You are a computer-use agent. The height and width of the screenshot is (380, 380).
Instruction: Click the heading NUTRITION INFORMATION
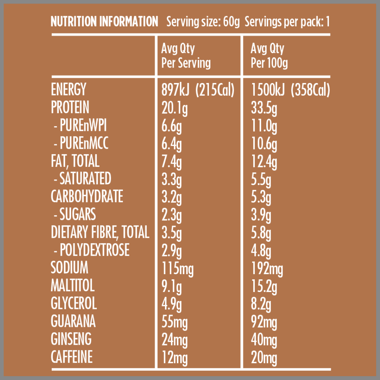pos(104,22)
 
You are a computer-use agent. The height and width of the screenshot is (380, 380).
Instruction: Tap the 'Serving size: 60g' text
pos(203,22)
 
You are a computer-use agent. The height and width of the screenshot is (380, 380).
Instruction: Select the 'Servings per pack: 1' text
pos(287,22)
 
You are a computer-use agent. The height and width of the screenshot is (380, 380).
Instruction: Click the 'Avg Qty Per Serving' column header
pos(186,56)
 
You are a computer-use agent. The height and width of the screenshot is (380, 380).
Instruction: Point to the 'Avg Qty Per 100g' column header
pos(269,56)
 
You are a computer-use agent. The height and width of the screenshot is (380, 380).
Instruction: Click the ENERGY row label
pos(68,90)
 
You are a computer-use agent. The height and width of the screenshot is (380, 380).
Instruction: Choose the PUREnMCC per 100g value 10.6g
pos(264,144)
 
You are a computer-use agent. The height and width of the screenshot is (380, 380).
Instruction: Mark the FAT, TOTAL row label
pos(75,161)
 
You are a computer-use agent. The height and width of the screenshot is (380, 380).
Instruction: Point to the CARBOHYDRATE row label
pos(87,197)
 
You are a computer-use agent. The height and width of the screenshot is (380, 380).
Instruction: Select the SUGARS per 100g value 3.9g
pos(261,215)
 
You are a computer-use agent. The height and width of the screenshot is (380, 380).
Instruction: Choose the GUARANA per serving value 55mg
pos(175,322)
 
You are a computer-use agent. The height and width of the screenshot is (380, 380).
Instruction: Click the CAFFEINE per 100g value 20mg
pos(264,357)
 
